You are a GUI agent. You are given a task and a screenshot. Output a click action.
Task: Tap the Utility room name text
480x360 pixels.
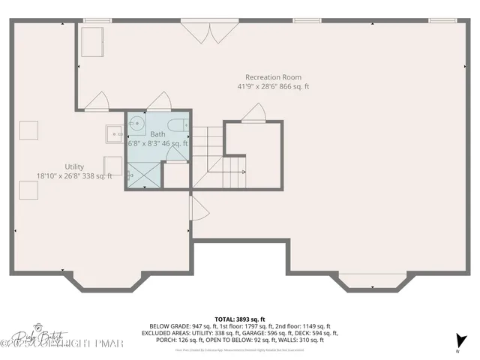pos(74,166)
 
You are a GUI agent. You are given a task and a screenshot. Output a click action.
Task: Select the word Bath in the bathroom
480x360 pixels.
pos(157,133)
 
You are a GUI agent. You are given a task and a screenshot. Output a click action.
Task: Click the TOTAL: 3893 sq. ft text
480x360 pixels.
pos(240,319)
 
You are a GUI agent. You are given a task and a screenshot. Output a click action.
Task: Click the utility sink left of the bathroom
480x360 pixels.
pos(115,133)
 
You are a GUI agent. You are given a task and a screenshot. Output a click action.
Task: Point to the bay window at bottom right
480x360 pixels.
pos(373,283)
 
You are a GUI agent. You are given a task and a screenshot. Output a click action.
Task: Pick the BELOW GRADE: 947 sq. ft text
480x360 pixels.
pos(180,326)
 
